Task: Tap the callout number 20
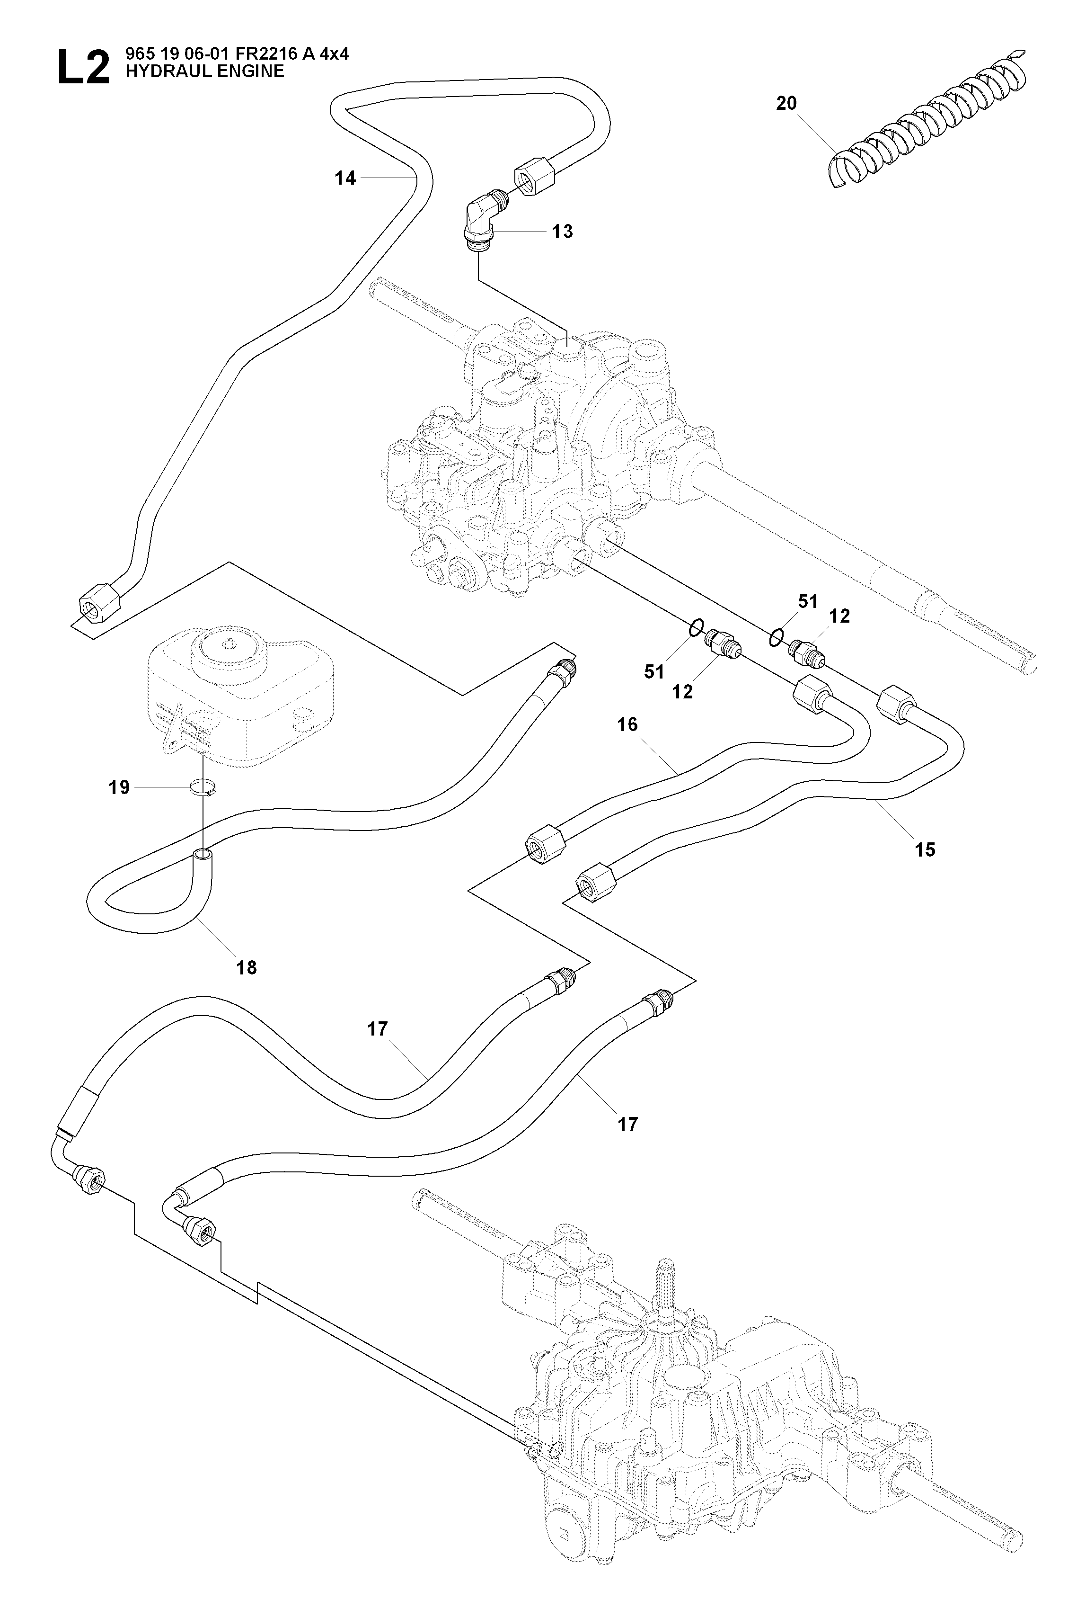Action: [786, 103]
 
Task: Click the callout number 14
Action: [345, 178]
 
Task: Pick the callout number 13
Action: [563, 232]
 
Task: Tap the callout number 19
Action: [120, 787]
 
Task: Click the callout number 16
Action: [628, 724]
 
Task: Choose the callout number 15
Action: [925, 850]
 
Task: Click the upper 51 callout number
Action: [808, 601]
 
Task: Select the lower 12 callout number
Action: [683, 692]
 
